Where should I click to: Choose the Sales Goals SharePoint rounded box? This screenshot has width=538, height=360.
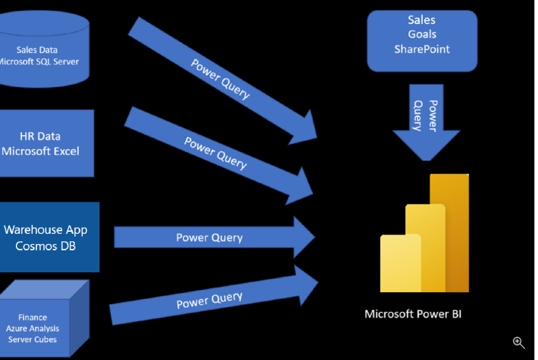[421, 40]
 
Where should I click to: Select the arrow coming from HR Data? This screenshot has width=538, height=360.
[216, 154]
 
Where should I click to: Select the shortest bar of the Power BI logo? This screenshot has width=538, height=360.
[400, 263]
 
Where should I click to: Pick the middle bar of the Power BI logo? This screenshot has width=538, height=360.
[425, 247]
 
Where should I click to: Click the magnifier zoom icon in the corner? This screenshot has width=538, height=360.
[518, 342]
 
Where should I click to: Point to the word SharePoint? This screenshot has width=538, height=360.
[421, 49]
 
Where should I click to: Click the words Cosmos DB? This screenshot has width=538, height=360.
[45, 245]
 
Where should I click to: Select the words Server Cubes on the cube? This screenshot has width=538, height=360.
[34, 339]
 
